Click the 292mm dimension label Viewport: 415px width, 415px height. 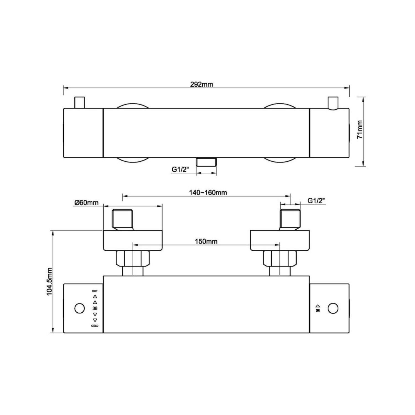[x=201, y=84]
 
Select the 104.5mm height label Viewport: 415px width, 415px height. [x=50, y=281]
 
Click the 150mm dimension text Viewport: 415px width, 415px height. [x=206, y=241]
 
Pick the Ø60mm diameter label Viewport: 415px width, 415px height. [x=86, y=203]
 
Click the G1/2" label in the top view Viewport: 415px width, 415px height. [x=180, y=170]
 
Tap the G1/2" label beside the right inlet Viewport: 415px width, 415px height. [x=316, y=201]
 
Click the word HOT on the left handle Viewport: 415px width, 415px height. [x=95, y=291]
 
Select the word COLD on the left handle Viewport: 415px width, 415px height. [x=95, y=326]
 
